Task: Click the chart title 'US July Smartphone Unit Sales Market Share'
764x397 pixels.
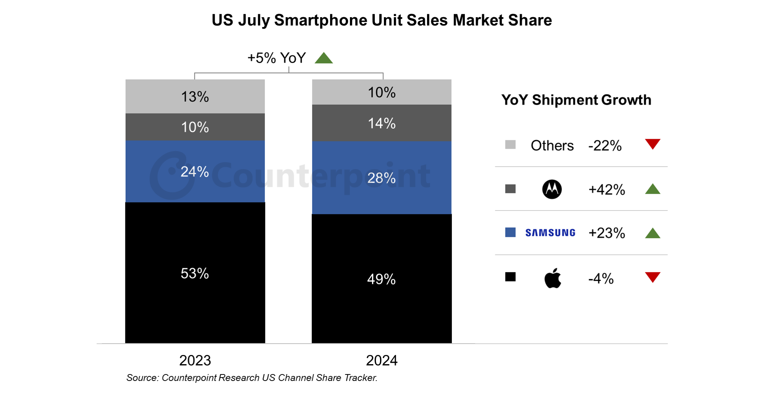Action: (x=382, y=20)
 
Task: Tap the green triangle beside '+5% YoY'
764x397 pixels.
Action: (x=324, y=58)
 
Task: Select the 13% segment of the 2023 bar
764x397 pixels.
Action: (x=195, y=97)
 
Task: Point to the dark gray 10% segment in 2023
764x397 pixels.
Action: (x=195, y=127)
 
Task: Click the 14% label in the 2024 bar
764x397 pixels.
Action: (x=382, y=123)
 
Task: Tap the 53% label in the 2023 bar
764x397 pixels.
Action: (x=195, y=273)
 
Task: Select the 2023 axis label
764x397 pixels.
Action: (x=195, y=360)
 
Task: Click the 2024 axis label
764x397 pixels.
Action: (x=382, y=360)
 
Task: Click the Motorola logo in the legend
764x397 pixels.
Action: (x=552, y=189)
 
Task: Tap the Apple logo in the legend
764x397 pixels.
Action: (x=552, y=278)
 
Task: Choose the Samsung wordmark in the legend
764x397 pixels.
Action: (x=550, y=233)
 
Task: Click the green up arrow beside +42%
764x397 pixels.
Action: (x=652, y=189)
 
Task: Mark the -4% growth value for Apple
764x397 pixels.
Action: (x=601, y=279)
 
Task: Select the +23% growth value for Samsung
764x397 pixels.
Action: (x=607, y=233)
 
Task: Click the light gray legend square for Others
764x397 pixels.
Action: (x=510, y=144)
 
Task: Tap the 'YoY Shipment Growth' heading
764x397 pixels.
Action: (x=576, y=100)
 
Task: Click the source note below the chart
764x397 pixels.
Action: (x=252, y=378)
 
